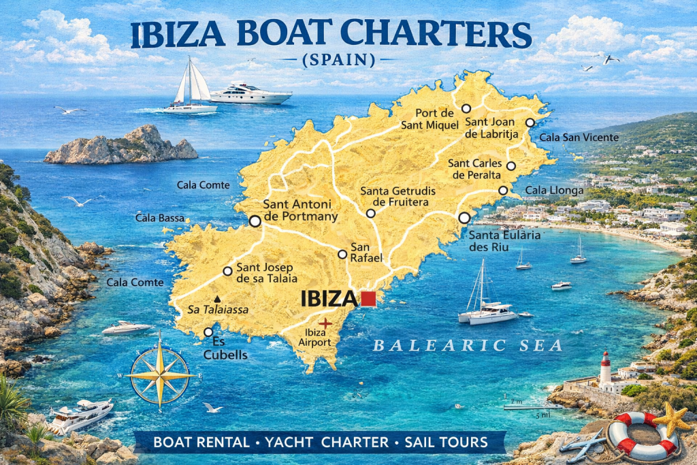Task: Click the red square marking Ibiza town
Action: point(368,298)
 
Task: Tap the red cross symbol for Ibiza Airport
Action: point(326,323)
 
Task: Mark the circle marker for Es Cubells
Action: point(208,332)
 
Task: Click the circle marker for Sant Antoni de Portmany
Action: point(255,221)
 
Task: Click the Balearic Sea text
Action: point(468,346)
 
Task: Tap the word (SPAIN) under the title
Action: point(338,61)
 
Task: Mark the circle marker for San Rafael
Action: point(342,255)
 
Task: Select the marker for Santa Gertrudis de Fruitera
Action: point(370,213)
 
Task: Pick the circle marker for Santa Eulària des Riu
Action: point(464,218)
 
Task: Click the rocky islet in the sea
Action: point(121,146)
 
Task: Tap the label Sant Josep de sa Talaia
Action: point(266,272)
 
